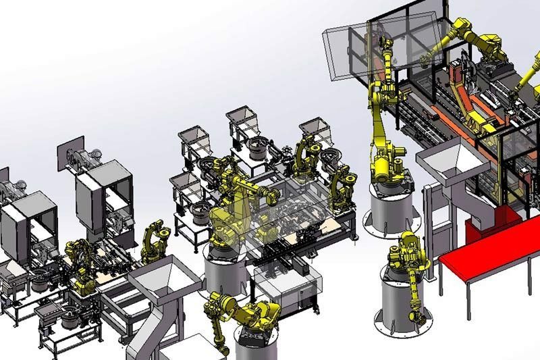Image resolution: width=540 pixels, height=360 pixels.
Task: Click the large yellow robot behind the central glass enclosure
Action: pyautogui.click(x=233, y=203)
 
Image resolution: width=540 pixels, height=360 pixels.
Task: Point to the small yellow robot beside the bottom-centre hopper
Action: pyautogui.click(x=152, y=240)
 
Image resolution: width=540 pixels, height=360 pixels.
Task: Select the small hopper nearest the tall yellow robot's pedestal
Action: pyautogui.click(x=317, y=132)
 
